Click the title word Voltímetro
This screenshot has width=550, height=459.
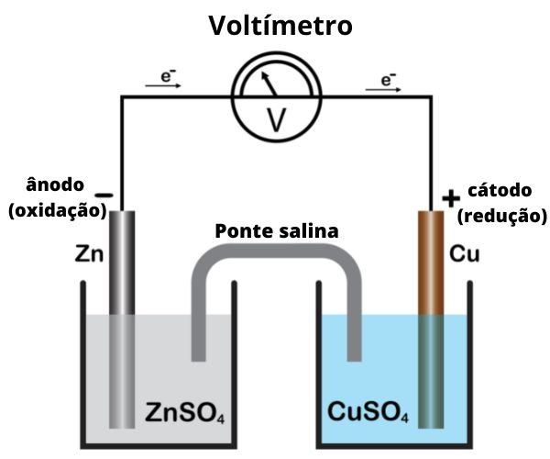[x=280, y=25]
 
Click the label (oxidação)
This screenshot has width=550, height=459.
[x=57, y=211]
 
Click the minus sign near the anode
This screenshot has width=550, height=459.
[x=104, y=196]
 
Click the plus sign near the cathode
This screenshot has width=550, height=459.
[x=450, y=197]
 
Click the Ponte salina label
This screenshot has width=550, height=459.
[x=276, y=230]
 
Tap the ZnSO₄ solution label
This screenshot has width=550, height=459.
[x=185, y=412]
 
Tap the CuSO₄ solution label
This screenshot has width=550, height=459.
[x=362, y=412]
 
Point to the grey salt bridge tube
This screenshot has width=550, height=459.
[x=275, y=263]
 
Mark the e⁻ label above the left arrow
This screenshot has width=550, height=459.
[x=169, y=77]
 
